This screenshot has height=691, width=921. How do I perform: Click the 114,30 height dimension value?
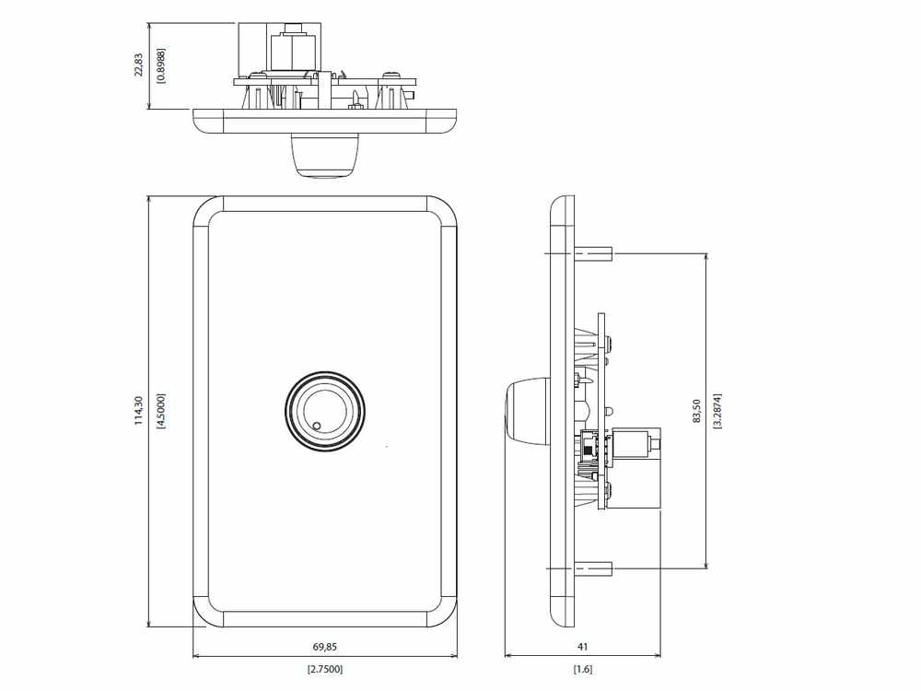pyautogui.click(x=139, y=410)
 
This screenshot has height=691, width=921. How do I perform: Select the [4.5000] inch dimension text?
pyautogui.click(x=161, y=411)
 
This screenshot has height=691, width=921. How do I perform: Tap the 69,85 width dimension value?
pyautogui.click(x=325, y=647)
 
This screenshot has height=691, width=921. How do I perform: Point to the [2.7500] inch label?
pyautogui.click(x=325, y=669)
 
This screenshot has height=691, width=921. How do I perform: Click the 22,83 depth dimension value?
pyautogui.click(x=139, y=65)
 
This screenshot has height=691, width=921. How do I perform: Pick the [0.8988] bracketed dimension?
pyautogui.click(x=161, y=65)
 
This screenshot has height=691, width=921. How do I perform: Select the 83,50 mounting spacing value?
pyautogui.click(x=696, y=411)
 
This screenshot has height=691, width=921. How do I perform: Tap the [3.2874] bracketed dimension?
pyautogui.click(x=717, y=411)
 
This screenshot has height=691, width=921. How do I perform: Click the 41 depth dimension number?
pyautogui.click(x=583, y=647)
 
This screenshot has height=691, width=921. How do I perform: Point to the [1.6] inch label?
pyautogui.click(x=583, y=669)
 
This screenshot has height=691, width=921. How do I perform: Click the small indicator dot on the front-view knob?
pyautogui.click(x=317, y=426)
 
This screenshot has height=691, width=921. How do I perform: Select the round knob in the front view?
pyautogui.click(x=325, y=412)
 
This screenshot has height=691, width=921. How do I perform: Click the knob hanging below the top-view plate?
pyautogui.click(x=325, y=155)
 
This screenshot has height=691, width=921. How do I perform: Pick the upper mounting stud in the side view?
pyautogui.click(x=593, y=254)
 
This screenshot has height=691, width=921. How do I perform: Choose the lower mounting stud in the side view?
pyautogui.click(x=593, y=568)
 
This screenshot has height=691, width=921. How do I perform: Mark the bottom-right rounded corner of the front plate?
pyautogui.click(x=442, y=613)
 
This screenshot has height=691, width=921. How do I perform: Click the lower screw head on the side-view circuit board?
pyautogui.click(x=609, y=487)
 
